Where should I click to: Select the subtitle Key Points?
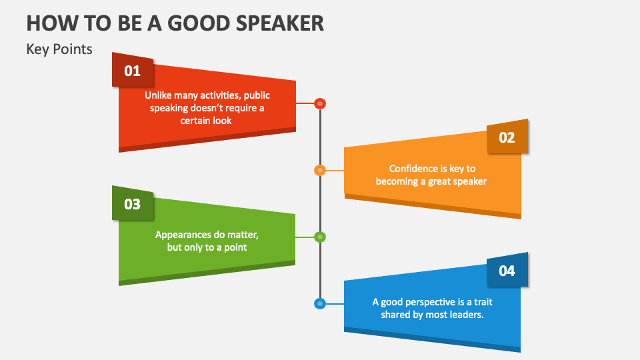point(59,49)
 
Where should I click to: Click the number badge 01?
point(133,71)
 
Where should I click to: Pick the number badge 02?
point(507,137)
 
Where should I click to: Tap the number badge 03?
point(133,204)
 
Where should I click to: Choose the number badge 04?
point(507,271)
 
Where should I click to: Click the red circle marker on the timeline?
point(320,103)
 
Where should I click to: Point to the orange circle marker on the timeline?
point(320,170)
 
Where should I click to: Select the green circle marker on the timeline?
point(320,237)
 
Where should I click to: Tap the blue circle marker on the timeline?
point(320,303)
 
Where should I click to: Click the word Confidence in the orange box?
point(413,169)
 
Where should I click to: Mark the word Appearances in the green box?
point(181,235)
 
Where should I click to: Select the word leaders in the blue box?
point(467,315)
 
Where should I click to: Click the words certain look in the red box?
point(207,121)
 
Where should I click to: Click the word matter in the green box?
point(243,235)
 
